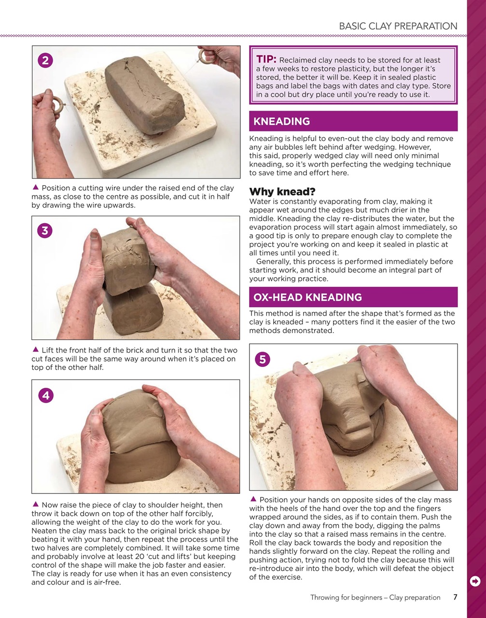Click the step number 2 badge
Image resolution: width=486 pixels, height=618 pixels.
[x=45, y=60]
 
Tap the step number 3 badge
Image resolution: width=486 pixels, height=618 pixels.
[x=45, y=231]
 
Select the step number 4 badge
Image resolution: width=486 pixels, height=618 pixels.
[x=45, y=395]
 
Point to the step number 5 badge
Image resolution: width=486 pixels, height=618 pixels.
[x=263, y=359]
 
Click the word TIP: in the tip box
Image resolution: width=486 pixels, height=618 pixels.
[x=266, y=59]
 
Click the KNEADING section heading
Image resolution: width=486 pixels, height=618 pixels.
[x=282, y=122]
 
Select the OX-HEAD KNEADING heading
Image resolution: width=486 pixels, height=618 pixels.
[x=307, y=297]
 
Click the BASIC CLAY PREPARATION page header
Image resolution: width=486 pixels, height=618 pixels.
[x=398, y=26]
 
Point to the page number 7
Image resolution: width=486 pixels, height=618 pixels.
[x=455, y=597]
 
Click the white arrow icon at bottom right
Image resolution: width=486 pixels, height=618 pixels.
[x=475, y=581]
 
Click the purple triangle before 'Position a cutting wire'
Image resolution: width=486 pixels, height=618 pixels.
[x=35, y=188]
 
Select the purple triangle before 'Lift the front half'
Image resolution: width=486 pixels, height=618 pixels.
[x=35, y=350]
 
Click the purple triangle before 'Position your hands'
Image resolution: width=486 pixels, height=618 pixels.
[x=253, y=499]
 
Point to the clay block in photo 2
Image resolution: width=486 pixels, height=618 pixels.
[x=145, y=92]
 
